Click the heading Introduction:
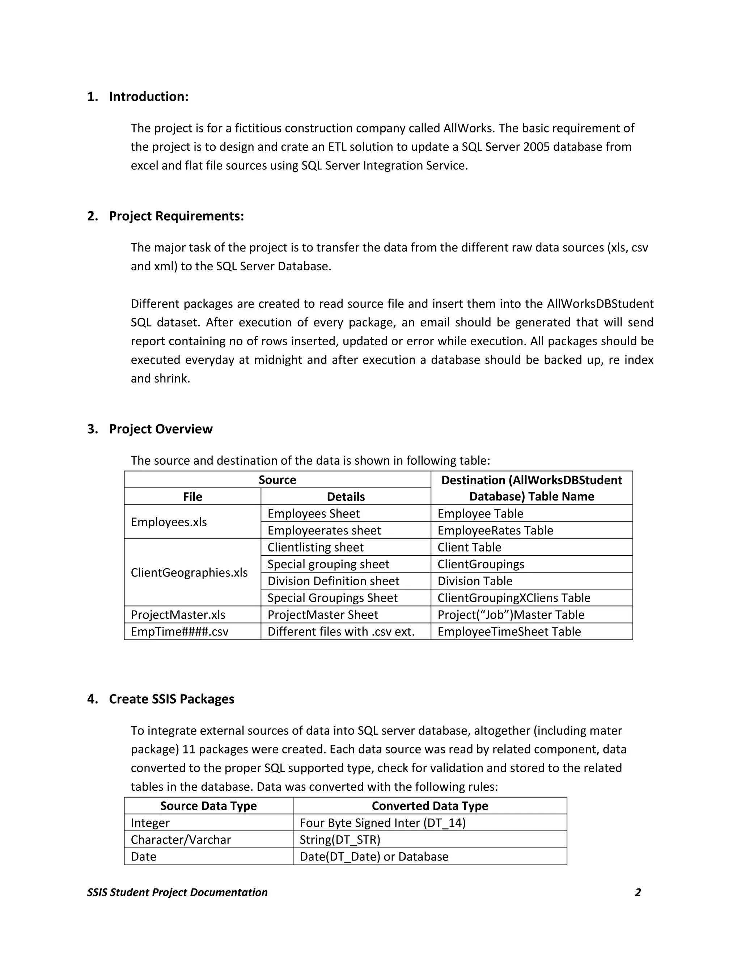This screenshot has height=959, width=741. tap(148, 97)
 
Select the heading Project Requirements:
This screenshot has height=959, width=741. tap(176, 216)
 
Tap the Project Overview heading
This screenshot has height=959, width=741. tap(161, 429)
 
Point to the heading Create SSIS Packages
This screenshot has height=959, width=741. tap(171, 699)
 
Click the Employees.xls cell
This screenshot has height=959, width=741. tap(169, 522)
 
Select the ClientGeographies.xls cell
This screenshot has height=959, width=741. tap(189, 573)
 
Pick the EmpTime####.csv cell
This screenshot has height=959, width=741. tap(179, 632)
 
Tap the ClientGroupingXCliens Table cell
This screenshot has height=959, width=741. tap(514, 598)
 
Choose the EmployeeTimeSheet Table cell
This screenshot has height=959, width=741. tap(509, 632)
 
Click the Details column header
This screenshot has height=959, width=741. tap(346, 497)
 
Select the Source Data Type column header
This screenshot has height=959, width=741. tap(208, 806)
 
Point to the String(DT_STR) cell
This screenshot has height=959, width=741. tap(340, 840)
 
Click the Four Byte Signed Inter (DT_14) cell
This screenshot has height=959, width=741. tap(382, 823)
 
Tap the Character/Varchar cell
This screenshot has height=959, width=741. tap(181, 840)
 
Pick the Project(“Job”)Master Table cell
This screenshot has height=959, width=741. tap(511, 615)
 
